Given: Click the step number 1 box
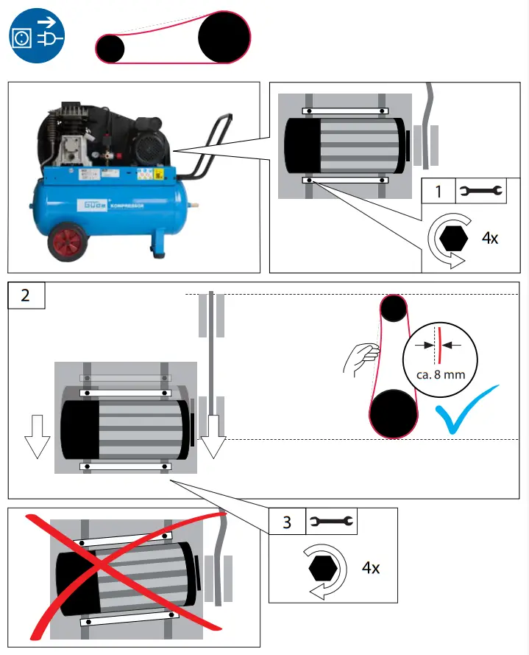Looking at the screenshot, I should pos(439,192).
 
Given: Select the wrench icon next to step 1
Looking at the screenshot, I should pos(480,192).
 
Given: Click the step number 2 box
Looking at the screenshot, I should pos(26,295).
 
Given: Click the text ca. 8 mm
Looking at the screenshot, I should pos(441,375).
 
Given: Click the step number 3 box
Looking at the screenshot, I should pos(287,522).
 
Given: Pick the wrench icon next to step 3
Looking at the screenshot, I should pos(329,522).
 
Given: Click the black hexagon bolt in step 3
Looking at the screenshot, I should pos(323,568).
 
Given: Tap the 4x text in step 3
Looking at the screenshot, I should pos(371,568).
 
